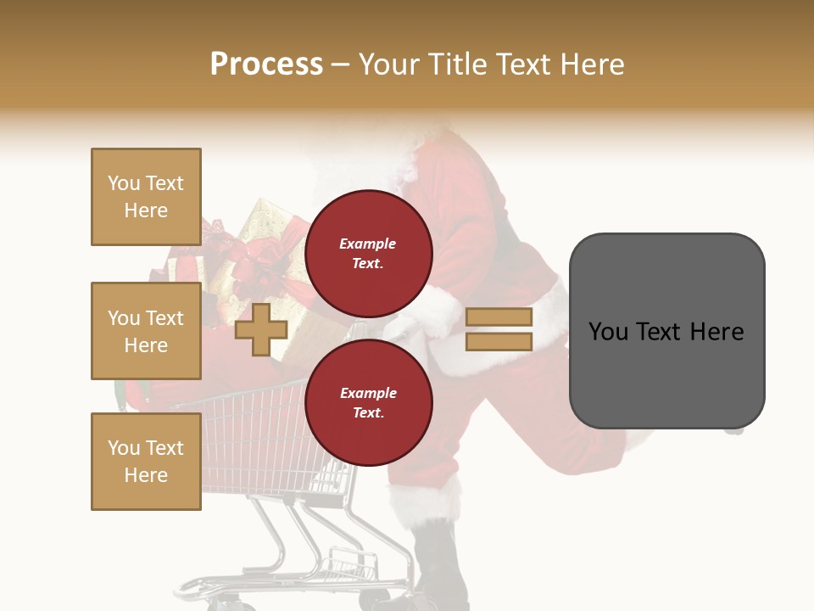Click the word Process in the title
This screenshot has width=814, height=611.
(266, 64)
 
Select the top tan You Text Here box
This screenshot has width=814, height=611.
(146, 197)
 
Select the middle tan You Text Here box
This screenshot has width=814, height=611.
(146, 331)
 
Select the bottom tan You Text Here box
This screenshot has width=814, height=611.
(146, 461)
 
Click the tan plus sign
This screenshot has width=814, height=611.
(260, 329)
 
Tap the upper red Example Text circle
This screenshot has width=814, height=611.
(368, 253)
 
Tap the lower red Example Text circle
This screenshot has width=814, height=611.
(368, 402)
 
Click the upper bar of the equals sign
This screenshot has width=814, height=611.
(499, 317)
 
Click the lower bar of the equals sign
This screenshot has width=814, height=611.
(499, 341)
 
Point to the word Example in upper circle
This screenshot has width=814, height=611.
(367, 244)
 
